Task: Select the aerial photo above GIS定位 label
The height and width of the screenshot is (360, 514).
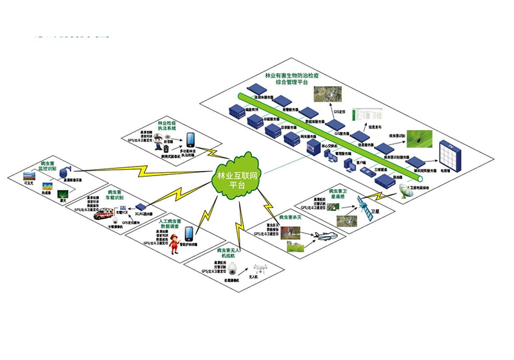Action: tap(324, 96)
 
